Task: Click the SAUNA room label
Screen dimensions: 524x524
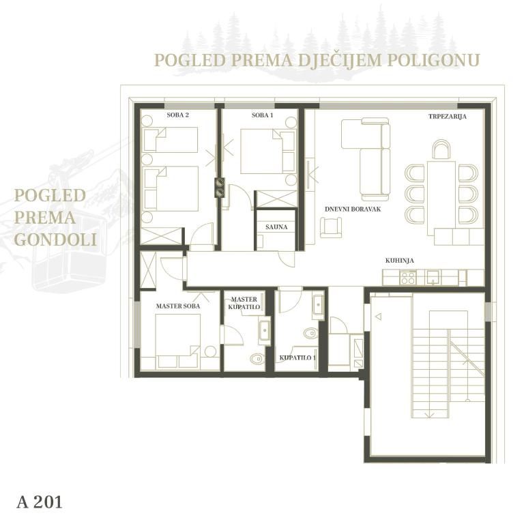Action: tap(276, 227)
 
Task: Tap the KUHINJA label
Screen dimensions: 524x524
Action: tap(400, 261)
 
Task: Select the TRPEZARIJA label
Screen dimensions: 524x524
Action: tap(448, 117)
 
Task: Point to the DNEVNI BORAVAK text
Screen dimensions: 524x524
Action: tap(353, 209)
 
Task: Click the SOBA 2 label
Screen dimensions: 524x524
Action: tap(178, 115)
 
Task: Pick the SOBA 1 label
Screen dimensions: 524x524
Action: tap(262, 115)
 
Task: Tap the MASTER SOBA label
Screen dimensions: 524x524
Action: tap(178, 306)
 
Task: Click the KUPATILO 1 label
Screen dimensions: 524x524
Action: tap(297, 358)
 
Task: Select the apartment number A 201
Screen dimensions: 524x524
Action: tap(40, 502)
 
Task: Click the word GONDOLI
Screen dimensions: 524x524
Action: tap(56, 239)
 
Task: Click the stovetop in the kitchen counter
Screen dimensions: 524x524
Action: tap(408, 278)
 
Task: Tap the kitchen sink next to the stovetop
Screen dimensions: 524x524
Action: tap(433, 277)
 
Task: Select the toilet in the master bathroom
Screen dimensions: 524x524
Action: tap(257, 359)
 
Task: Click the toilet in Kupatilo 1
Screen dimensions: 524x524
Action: tap(311, 333)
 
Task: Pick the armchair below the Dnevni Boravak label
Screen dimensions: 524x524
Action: tap(331, 228)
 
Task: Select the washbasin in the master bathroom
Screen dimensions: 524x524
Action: tap(264, 330)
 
